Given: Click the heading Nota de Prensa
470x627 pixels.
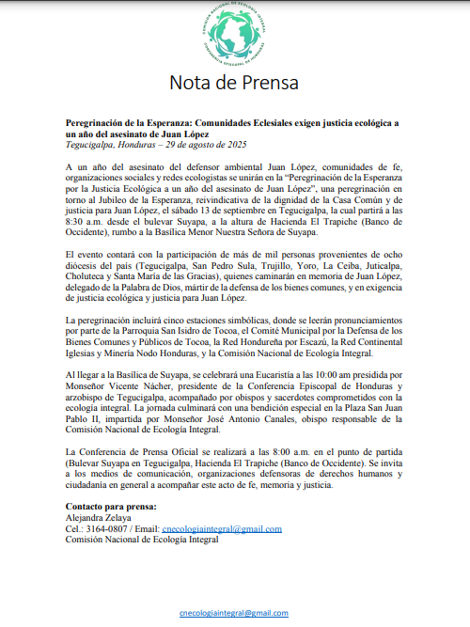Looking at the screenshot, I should pyautogui.click(x=234, y=83).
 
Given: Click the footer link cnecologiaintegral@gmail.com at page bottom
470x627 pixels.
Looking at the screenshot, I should pyautogui.click(x=234, y=612).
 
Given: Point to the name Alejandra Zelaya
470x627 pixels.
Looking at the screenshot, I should pyautogui.click(x=98, y=518).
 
